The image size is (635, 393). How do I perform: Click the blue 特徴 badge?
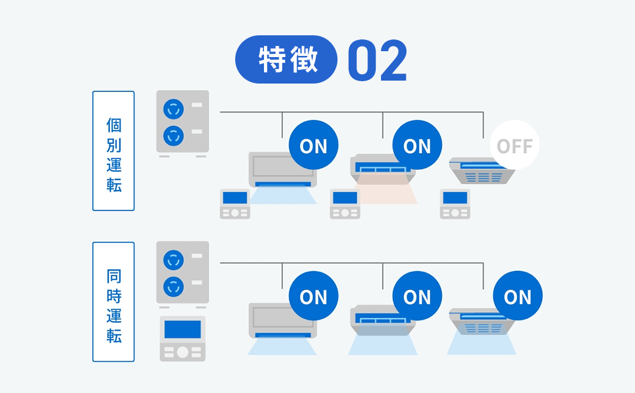286,59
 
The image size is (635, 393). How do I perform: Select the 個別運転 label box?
113,151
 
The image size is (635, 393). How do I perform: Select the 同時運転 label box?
113,302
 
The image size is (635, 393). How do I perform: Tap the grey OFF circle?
514,145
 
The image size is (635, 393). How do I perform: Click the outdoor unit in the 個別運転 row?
182,122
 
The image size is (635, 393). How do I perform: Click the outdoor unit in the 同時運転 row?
182,272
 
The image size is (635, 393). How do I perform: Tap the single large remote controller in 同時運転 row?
182,338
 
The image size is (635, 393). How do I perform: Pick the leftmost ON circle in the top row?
313,145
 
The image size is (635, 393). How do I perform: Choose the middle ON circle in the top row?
417,145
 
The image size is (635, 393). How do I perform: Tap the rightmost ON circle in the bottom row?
517,297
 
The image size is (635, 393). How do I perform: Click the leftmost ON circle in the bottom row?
313,297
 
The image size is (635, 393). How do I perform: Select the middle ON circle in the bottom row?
417,297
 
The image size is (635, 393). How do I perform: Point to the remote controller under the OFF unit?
455,204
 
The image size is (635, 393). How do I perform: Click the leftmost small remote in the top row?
235,204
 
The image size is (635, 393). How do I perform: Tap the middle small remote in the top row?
345,204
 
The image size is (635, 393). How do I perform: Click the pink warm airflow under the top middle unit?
385,191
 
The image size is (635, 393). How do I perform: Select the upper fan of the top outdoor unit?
173,109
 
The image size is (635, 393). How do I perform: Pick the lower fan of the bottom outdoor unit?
173,287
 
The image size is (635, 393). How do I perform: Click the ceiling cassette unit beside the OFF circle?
481,172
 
